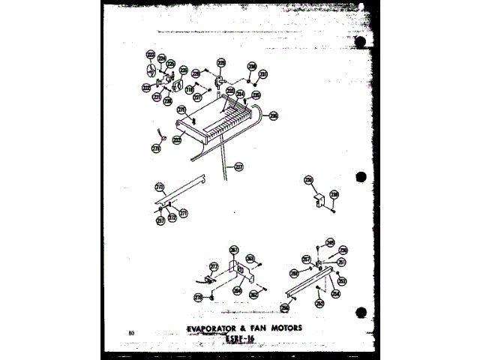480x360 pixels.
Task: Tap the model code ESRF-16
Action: coord(240,339)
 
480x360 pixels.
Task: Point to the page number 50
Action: coord(131,331)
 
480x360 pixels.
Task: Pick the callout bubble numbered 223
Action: coord(150,55)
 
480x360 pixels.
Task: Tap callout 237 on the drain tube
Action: coord(239,166)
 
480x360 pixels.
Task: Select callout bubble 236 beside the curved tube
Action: coord(274,115)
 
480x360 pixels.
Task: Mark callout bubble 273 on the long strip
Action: coord(159,187)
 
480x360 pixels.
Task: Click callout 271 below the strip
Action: coord(183,213)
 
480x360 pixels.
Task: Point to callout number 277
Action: coord(214,265)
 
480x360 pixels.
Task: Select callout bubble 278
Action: coord(199,298)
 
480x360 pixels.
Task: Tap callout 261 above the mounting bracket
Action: coord(234,250)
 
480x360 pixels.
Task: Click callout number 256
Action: coord(285,307)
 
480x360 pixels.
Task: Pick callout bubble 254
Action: coord(335,294)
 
